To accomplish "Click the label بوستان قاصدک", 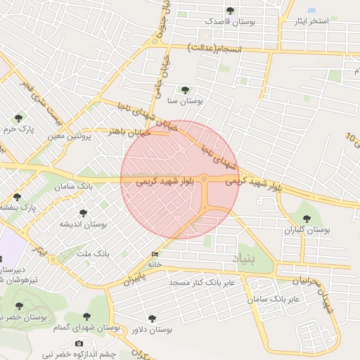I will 230,22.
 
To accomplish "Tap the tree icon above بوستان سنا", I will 185,90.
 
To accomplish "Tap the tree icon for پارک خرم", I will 18,118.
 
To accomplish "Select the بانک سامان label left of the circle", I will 73,187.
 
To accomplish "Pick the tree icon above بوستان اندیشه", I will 83,213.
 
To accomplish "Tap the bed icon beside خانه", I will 155,254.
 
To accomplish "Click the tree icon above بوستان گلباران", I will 306,219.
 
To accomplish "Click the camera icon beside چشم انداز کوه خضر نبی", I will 79,343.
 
